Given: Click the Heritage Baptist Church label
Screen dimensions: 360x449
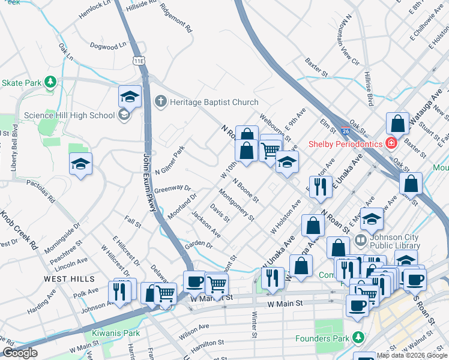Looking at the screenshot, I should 214,102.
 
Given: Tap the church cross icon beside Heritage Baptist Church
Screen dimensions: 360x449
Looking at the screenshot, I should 160,101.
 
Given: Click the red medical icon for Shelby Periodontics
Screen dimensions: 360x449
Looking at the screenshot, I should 391,143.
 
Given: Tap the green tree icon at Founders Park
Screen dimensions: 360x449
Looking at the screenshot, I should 358,338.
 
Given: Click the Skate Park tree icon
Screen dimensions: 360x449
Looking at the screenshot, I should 52,82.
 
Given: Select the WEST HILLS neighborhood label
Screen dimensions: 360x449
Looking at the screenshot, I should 68,279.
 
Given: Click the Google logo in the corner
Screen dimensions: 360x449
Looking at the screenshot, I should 20,352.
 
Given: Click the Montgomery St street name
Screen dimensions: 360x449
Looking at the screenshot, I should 237,204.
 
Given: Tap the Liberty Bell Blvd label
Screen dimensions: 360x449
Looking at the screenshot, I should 14,149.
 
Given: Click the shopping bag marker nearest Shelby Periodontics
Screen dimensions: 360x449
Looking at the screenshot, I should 397,125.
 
